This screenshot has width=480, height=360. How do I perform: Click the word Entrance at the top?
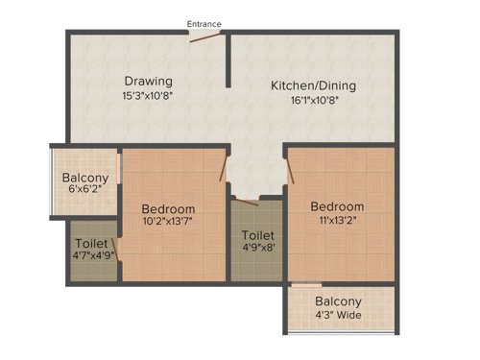(x=204, y=23)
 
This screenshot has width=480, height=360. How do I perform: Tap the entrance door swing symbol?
(x=205, y=36)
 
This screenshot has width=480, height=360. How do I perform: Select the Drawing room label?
(x=147, y=81)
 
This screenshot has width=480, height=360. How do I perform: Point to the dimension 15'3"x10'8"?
(x=147, y=96)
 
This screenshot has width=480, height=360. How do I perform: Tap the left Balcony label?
(x=85, y=178)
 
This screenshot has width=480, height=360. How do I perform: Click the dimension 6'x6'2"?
(x=85, y=191)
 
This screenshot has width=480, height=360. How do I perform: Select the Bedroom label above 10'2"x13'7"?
(x=168, y=209)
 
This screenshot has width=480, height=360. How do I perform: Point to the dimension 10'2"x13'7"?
(x=168, y=224)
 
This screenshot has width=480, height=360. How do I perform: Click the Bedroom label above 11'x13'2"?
(x=337, y=206)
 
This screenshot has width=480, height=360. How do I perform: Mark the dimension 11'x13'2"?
(x=337, y=221)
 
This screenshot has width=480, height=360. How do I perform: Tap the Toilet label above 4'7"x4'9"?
(x=92, y=244)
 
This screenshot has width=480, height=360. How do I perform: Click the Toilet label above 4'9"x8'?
(x=256, y=235)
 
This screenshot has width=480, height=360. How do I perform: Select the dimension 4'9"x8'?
(x=256, y=249)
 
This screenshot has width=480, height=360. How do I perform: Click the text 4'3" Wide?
(x=340, y=313)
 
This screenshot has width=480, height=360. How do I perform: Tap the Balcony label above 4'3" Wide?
(x=340, y=299)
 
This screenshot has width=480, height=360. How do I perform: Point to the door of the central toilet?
(x=248, y=200)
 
